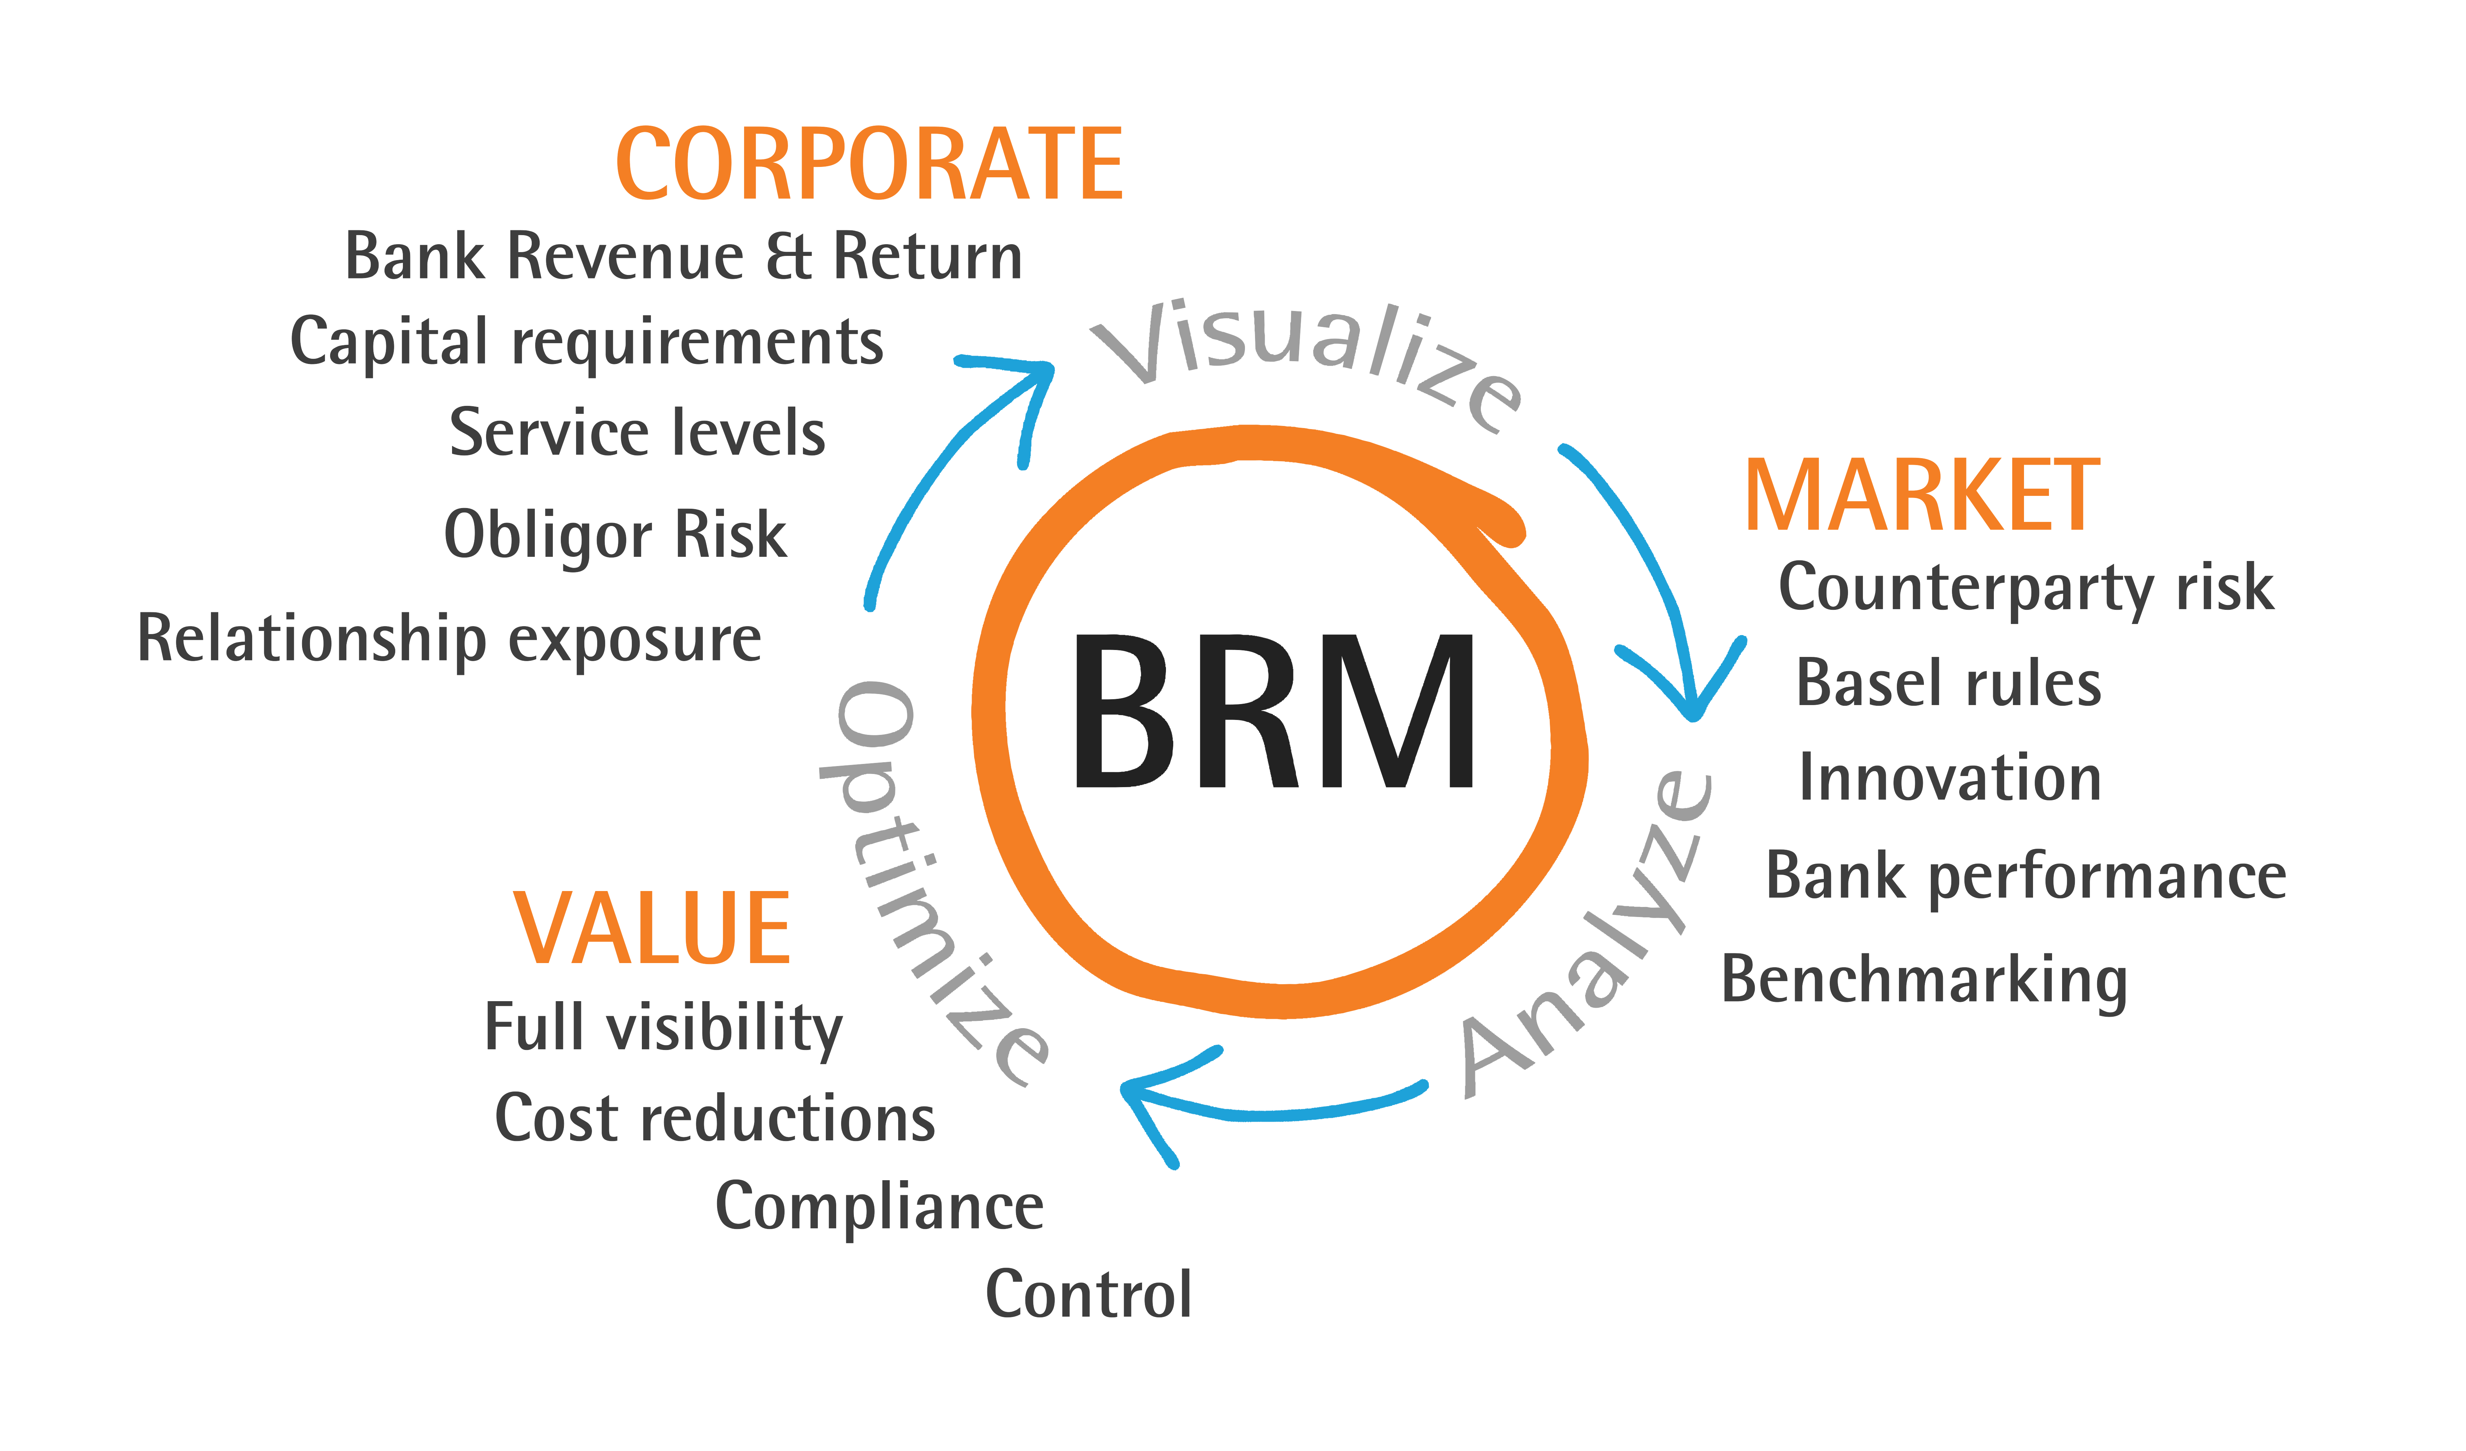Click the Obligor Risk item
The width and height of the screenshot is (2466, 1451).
tap(615, 535)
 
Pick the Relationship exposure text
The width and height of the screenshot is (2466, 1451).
tap(449, 639)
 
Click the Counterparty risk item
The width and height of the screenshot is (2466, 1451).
tap(2026, 588)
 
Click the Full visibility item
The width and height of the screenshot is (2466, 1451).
tap(663, 1027)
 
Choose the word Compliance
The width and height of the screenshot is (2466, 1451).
tap(879, 1207)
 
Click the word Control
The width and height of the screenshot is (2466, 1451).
tap(1088, 1294)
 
